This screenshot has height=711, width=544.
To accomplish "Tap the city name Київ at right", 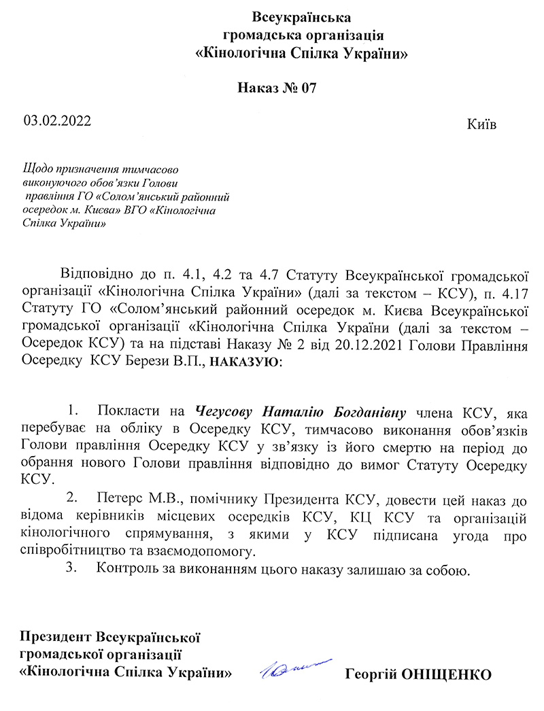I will coord(481,126).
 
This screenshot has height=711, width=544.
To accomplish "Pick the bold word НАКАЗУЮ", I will coord(243,362).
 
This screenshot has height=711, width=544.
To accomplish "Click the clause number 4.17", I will coord(514,293).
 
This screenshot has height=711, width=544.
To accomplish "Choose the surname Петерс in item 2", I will coord(118,502).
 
